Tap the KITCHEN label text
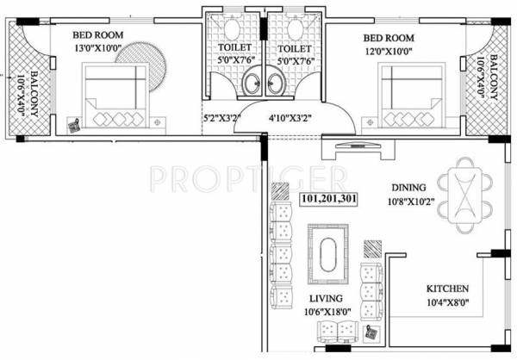[447, 288]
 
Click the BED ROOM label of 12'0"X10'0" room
[388, 39]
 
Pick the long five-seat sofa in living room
[282, 255]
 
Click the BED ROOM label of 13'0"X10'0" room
[97, 34]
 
